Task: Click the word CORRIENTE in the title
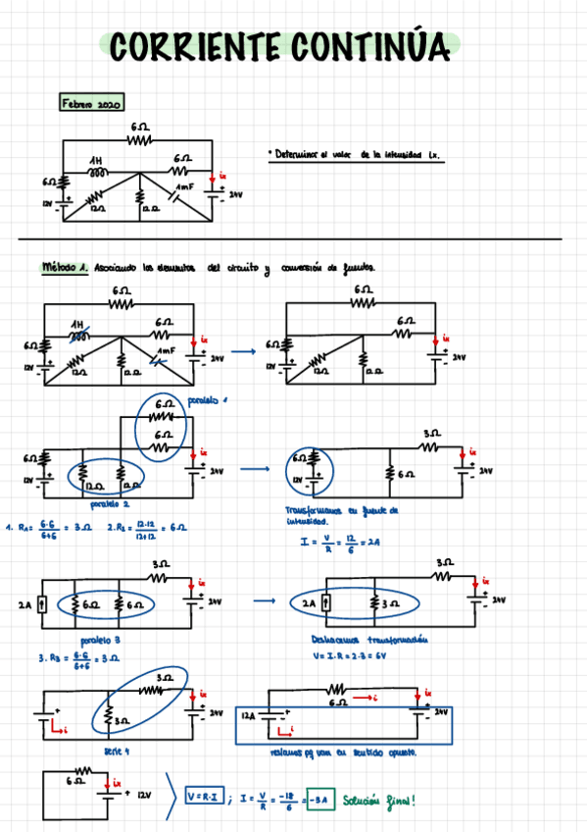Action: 191,46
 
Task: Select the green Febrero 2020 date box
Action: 91,102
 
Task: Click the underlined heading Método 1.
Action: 66,267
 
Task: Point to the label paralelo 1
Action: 209,400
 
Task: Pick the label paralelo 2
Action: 110,504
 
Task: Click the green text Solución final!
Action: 378,801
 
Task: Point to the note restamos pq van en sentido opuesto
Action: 343,753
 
